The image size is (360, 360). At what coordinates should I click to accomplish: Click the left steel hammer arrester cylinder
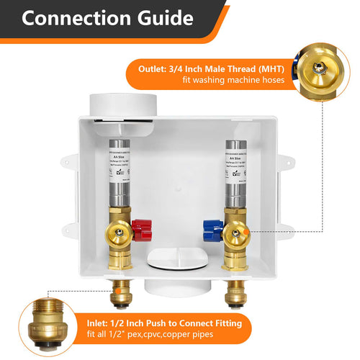pos(117,181)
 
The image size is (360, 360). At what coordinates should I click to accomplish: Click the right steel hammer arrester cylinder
pos(235,181)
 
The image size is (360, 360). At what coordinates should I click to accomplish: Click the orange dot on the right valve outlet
pos(248,231)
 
